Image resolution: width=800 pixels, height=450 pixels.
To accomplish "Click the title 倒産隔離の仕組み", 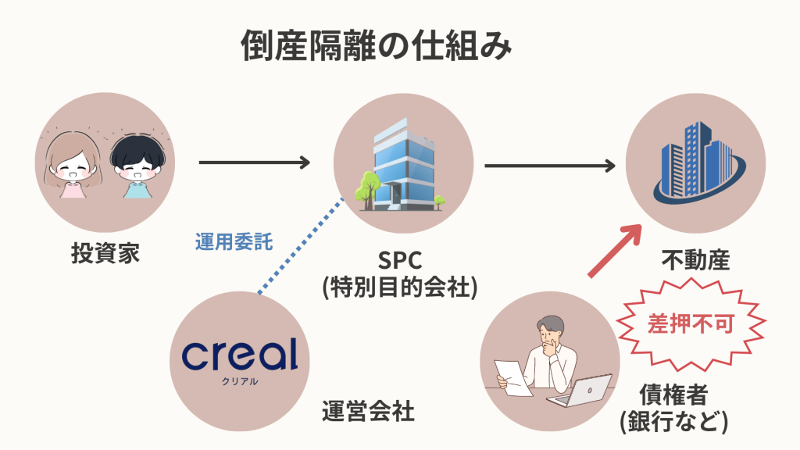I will [376, 47].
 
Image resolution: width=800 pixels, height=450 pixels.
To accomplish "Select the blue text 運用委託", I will [234, 242].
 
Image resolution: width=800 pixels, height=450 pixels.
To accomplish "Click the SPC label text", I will [401, 258].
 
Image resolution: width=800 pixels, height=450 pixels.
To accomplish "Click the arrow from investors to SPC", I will [255, 162].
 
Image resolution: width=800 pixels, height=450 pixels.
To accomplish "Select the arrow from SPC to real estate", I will [549, 166].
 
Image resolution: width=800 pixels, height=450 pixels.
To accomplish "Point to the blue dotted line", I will [301, 245].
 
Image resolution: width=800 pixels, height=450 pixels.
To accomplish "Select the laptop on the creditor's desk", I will [582, 391].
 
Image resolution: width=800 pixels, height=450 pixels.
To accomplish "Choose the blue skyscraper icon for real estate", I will [696, 166].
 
